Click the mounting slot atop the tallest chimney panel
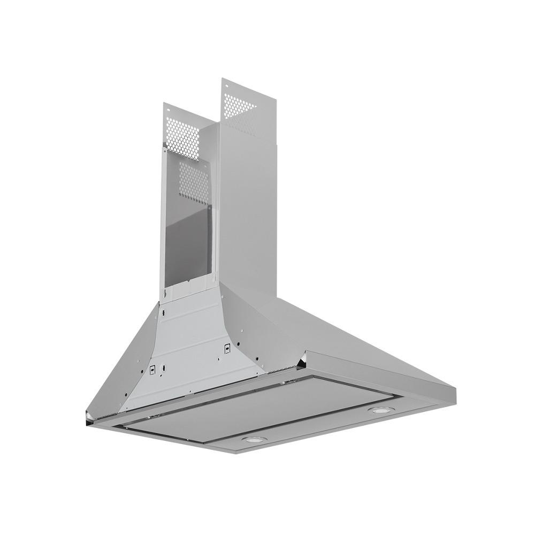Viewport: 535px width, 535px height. [226, 85]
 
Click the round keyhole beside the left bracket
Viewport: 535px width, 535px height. [164, 369]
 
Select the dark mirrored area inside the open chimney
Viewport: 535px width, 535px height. [187, 235]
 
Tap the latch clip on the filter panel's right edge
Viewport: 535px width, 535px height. [289, 381]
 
